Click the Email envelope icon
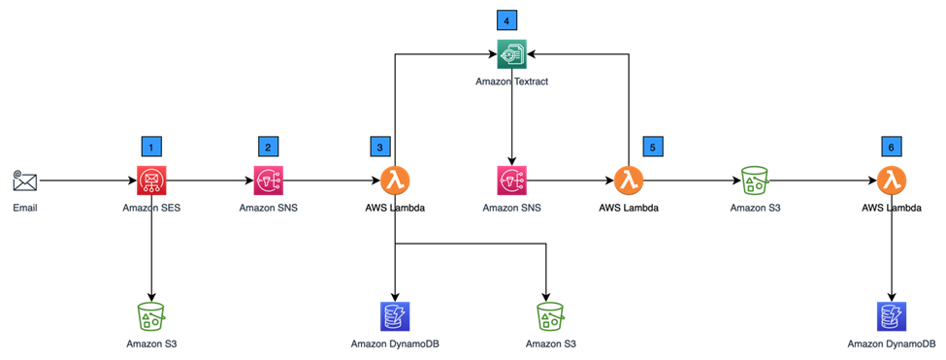(25, 180)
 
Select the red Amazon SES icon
(151, 180)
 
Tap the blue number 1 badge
(151, 147)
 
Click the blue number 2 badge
(268, 147)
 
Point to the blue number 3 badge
(380, 147)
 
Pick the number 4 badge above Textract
(506, 19)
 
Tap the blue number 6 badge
(891, 147)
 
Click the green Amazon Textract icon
(512, 54)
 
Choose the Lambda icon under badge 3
(394, 180)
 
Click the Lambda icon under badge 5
(629, 180)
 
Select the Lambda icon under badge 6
(892, 180)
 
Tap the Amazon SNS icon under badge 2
(268, 180)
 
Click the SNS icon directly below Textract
(512, 180)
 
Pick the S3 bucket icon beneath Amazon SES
(151, 316)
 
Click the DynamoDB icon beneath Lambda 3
(395, 316)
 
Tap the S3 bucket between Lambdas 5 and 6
(755, 180)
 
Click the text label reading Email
(25, 208)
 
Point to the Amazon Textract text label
(512, 82)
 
